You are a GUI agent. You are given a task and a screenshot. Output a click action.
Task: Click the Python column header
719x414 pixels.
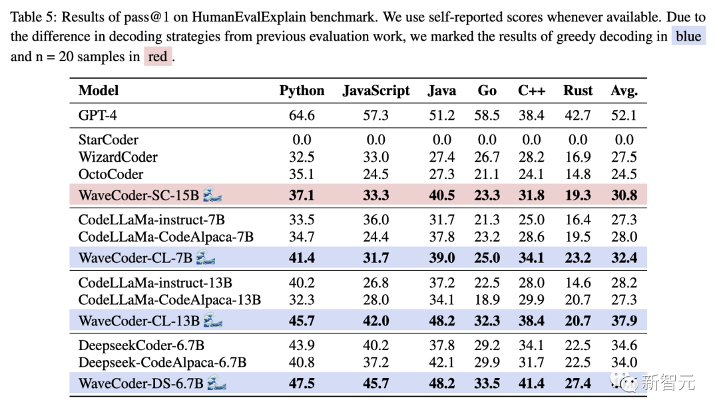(302, 91)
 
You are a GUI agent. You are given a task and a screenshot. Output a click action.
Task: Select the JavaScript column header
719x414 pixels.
(376, 91)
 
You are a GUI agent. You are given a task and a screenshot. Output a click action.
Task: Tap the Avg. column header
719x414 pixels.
(624, 91)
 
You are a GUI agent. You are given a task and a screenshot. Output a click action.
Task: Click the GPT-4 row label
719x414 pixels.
(98, 116)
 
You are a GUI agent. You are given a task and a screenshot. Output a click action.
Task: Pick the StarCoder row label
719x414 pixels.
(108, 140)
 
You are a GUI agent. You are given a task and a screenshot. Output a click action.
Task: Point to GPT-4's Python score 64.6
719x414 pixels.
(302, 116)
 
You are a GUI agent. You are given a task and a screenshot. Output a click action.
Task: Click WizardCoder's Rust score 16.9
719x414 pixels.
(577, 157)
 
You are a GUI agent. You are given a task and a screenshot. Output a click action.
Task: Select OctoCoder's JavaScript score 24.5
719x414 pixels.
(376, 174)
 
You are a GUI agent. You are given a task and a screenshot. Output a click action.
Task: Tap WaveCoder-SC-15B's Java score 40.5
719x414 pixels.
(441, 194)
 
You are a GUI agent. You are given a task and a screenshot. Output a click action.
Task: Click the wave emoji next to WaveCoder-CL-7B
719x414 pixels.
(205, 258)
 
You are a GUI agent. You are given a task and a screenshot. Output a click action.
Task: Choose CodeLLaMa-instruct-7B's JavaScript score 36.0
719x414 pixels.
(376, 220)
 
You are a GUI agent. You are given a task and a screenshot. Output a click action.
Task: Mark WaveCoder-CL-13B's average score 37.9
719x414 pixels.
(624, 321)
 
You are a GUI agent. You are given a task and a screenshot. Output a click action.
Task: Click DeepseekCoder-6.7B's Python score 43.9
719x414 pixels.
(302, 345)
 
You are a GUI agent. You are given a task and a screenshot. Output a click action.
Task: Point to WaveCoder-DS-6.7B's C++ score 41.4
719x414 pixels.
(531, 383)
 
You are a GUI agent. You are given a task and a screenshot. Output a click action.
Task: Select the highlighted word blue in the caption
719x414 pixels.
(688, 36)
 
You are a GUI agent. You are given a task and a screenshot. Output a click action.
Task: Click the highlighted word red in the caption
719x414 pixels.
(158, 57)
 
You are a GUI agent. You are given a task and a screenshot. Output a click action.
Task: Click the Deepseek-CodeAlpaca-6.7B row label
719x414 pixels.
(162, 363)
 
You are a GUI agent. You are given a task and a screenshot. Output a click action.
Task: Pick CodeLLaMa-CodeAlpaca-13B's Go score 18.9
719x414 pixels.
(487, 300)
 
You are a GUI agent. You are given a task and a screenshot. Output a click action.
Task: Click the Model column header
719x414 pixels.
(99, 91)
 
